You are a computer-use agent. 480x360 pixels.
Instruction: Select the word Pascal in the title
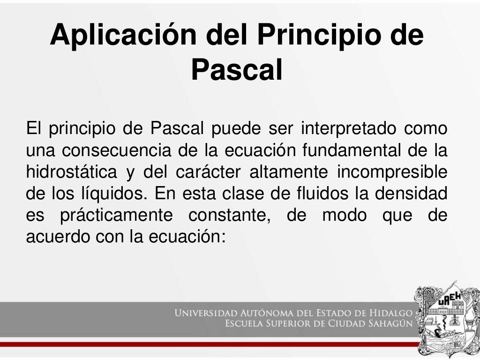pyautogui.click(x=237, y=70)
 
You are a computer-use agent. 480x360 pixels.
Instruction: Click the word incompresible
pyautogui.click(x=392, y=172)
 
